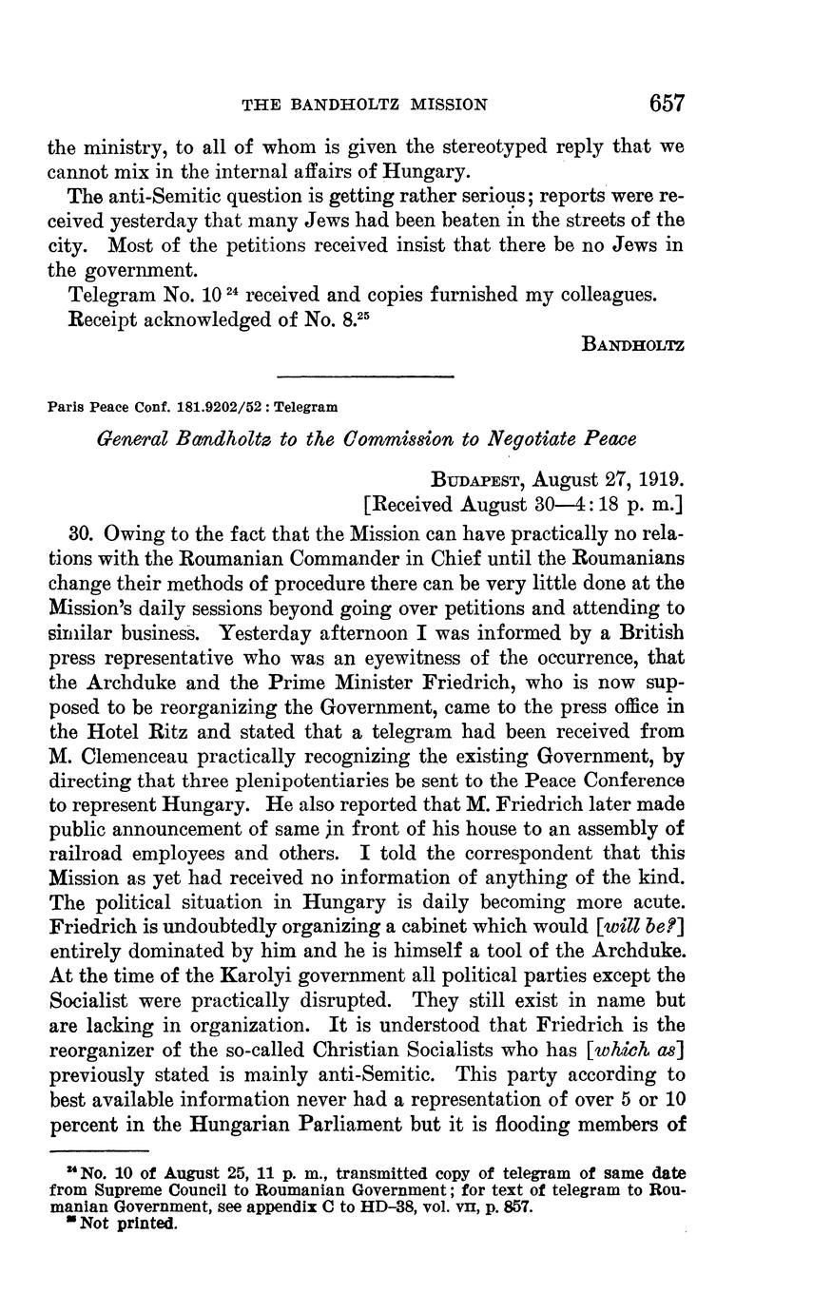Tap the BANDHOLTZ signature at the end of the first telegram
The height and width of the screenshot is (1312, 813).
[632, 344]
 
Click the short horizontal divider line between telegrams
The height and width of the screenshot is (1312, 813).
[365, 377]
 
